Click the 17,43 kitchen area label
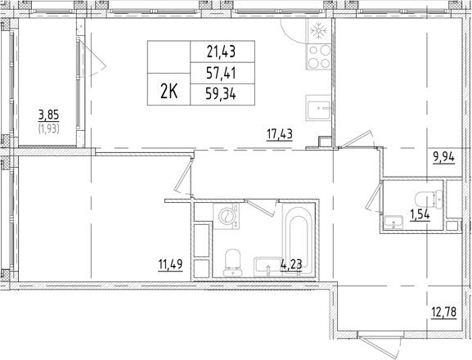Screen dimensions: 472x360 click(x=279, y=134)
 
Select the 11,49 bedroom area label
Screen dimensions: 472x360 click(x=170, y=264)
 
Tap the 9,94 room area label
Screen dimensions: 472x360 click(x=443, y=157)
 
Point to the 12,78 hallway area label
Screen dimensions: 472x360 click(x=443, y=312)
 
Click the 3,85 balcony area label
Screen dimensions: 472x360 click(x=48, y=115)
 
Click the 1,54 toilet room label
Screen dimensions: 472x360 click(x=420, y=215)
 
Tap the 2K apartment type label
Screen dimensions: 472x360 click(x=169, y=92)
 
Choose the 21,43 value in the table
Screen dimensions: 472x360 click(x=221, y=52)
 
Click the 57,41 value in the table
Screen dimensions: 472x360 click(x=221, y=73)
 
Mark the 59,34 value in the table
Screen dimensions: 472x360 click(x=221, y=95)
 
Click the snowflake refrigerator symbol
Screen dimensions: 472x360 click(x=318, y=31)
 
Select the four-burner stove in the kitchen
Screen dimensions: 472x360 click(x=319, y=56)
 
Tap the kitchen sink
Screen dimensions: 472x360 click(x=318, y=108)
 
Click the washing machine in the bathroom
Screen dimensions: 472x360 click(x=226, y=217)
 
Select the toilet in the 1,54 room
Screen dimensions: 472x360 click(x=429, y=199)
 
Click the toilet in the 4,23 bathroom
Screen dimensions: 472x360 click(x=232, y=263)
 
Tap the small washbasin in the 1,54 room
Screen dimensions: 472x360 click(x=393, y=223)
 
